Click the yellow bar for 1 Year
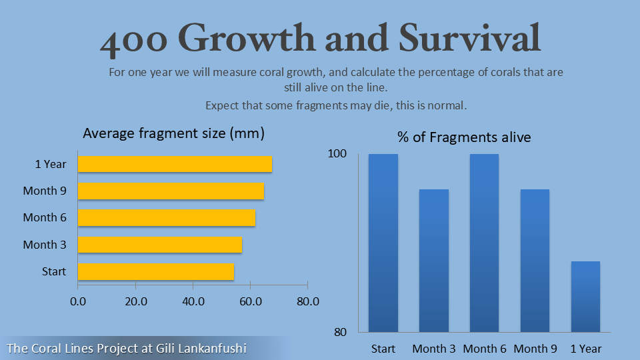pyautogui.click(x=175, y=164)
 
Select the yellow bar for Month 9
pyautogui.click(x=171, y=191)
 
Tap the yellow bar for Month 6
pyautogui.click(x=167, y=218)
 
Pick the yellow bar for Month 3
pyautogui.click(x=160, y=245)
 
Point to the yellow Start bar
pyautogui.click(x=156, y=272)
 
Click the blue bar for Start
pyautogui.click(x=383, y=243)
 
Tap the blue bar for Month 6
pyautogui.click(x=484, y=243)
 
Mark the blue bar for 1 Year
pyautogui.click(x=585, y=296)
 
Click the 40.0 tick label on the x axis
pyautogui.click(x=193, y=301)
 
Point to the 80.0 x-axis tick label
pyautogui.click(x=307, y=301)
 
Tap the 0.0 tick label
pyautogui.click(x=78, y=301)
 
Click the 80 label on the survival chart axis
pyautogui.click(x=340, y=332)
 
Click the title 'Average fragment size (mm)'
pyautogui.click(x=173, y=133)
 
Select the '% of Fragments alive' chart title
pyautogui.click(x=464, y=137)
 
